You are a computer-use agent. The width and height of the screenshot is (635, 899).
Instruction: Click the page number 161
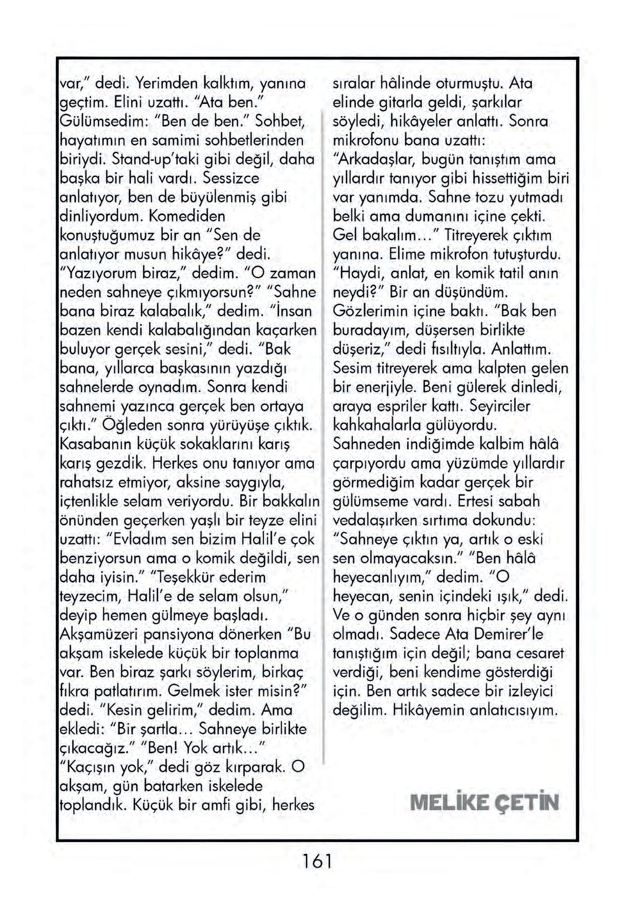[x=317, y=861]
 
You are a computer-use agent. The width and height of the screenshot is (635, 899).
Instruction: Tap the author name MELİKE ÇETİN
[x=484, y=802]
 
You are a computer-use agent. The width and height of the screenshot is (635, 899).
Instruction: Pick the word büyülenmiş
[x=216, y=197]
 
